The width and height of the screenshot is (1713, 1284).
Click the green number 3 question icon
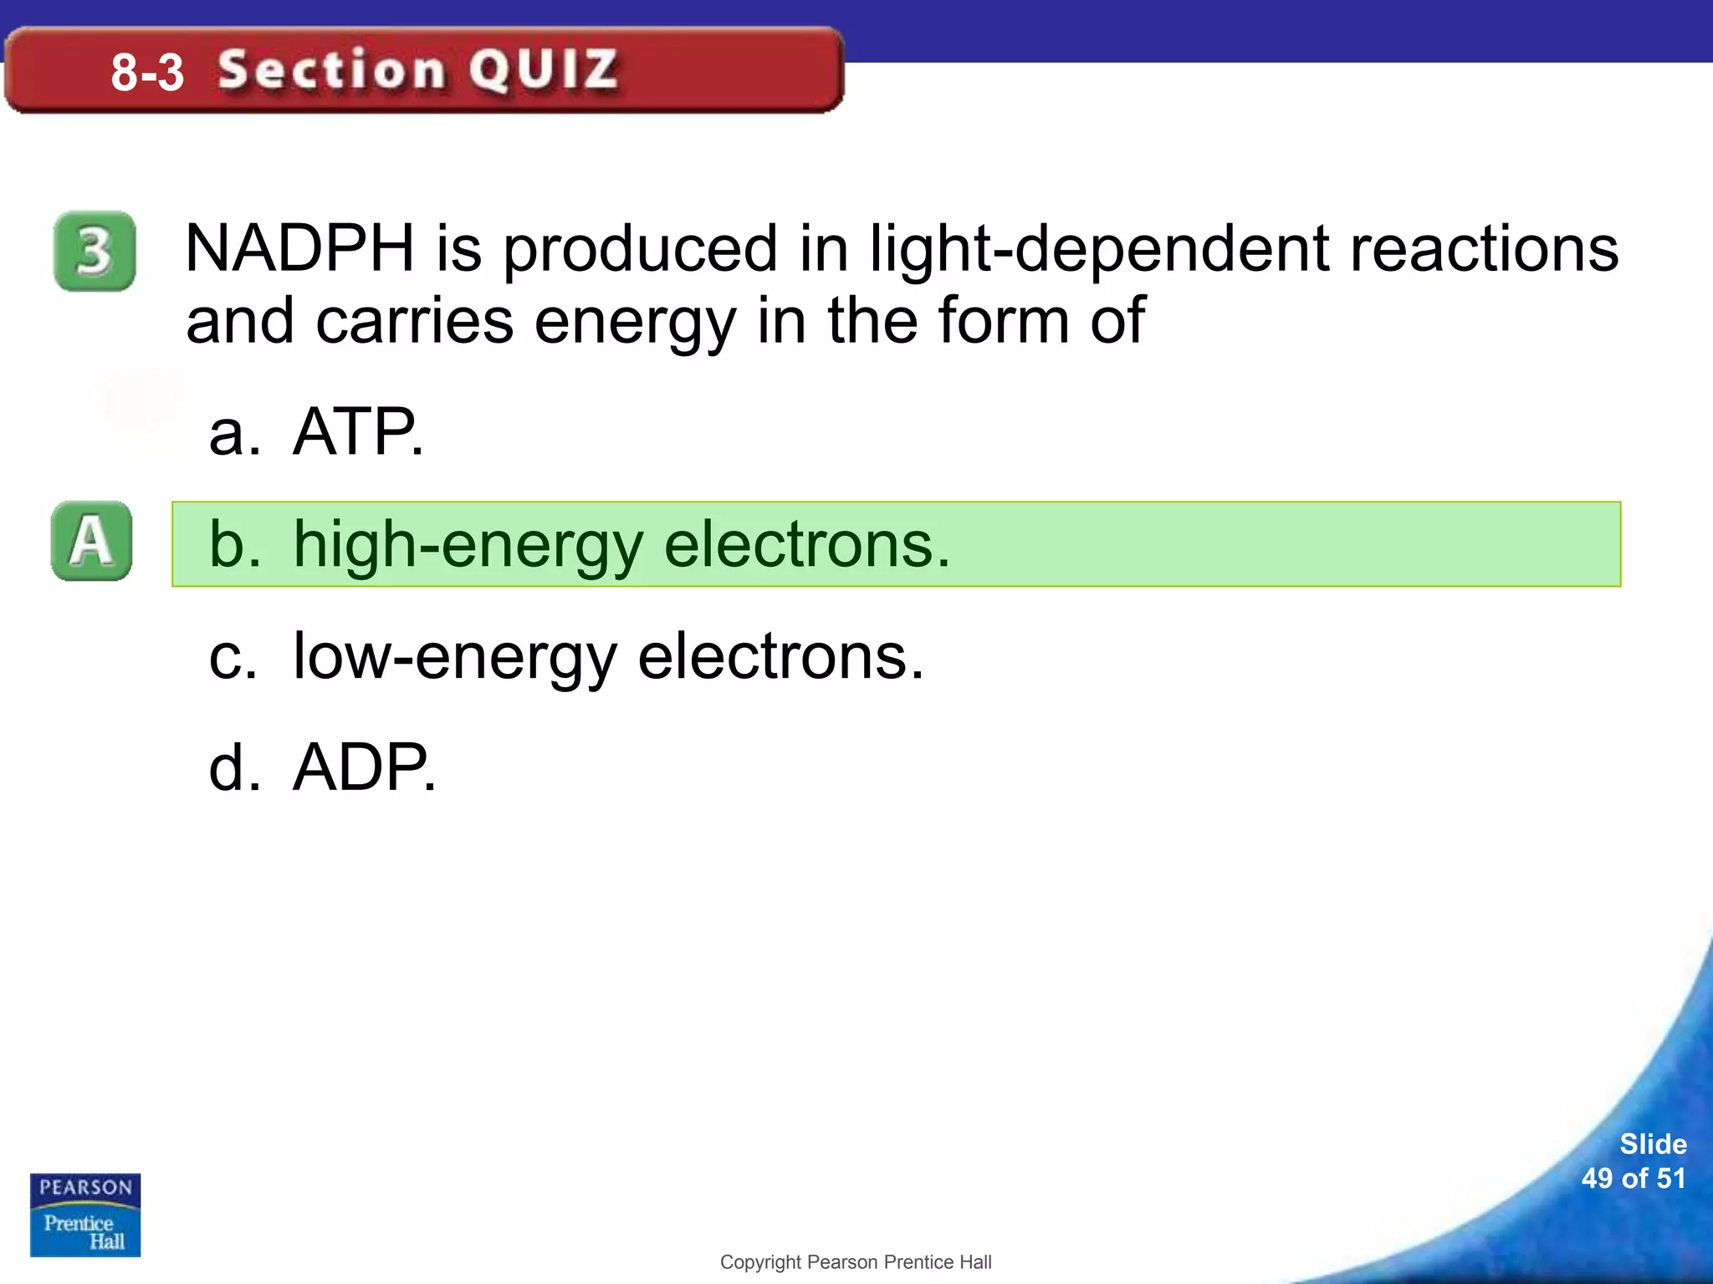pos(95,251)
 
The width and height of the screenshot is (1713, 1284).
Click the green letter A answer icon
pos(91,541)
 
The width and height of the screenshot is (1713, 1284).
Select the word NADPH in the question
pos(299,248)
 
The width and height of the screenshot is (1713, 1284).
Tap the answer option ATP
pos(357,432)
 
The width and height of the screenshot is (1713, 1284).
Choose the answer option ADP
pos(364,767)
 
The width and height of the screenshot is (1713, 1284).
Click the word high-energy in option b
pos(468,545)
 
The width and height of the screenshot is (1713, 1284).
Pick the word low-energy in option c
pos(455,657)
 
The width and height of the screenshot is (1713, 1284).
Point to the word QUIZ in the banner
pos(544,69)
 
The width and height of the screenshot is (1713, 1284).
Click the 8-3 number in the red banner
pos(147,72)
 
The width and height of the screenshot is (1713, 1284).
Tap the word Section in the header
pos(331,69)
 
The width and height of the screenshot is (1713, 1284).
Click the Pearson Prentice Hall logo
pos(85,1215)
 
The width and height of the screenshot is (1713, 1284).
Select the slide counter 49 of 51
pos(1633,1179)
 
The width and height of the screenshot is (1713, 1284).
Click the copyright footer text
pos(856,1262)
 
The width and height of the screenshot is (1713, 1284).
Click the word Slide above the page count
pos(1653,1144)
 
